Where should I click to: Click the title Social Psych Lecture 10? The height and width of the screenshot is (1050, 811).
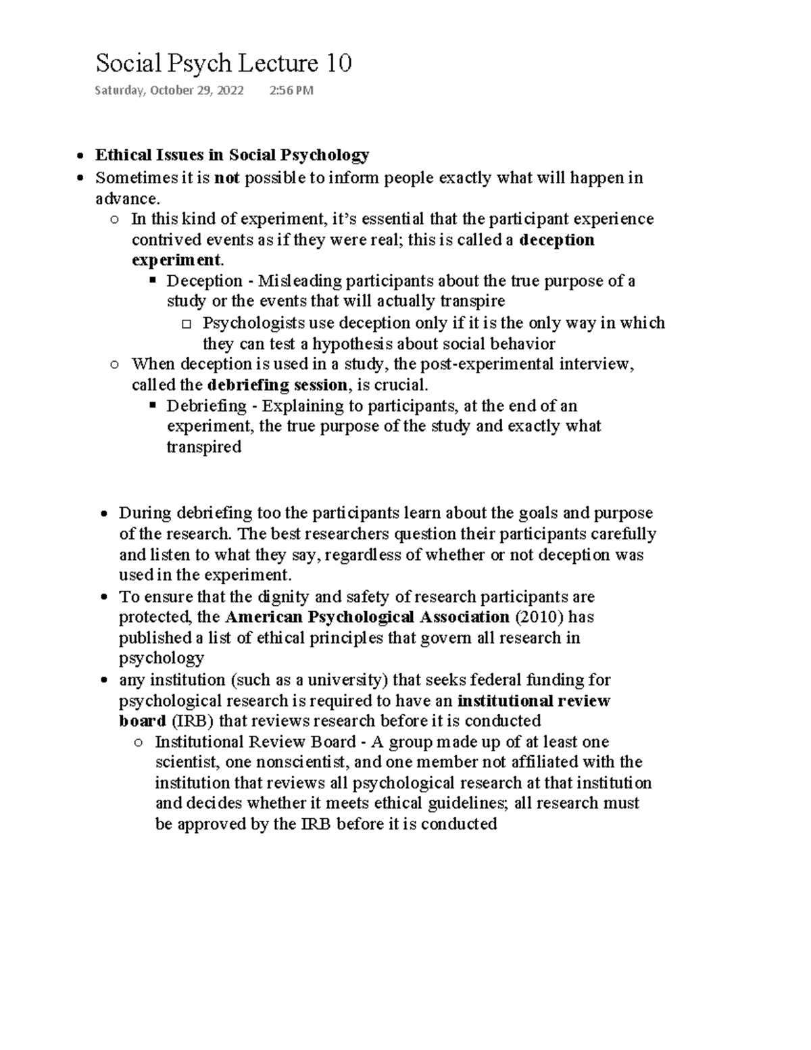(x=223, y=64)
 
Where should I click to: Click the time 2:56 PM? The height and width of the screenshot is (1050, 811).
(x=291, y=91)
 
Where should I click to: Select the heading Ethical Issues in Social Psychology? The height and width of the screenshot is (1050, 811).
(x=232, y=156)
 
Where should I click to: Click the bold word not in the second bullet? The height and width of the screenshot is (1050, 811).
(x=226, y=178)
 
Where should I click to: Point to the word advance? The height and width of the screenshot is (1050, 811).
(x=126, y=199)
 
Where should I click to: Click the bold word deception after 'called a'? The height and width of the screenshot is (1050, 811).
(x=557, y=240)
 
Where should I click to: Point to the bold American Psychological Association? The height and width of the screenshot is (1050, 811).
(x=367, y=617)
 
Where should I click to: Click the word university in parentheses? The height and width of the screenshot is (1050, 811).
(x=344, y=679)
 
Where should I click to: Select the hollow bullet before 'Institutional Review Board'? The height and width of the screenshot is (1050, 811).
(x=139, y=742)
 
